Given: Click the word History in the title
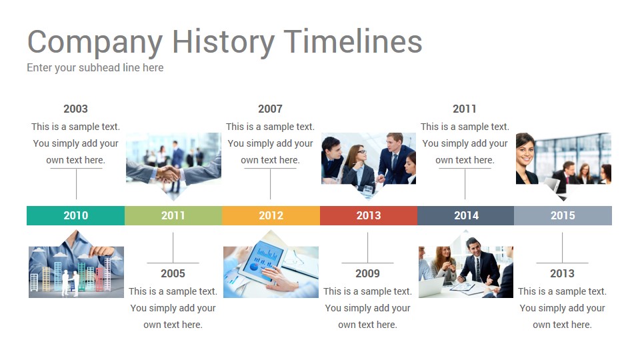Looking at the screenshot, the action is (x=223, y=42).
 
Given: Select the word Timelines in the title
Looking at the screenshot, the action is (x=353, y=41).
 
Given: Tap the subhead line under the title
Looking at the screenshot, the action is (x=95, y=68).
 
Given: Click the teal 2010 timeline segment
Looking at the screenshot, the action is (x=75, y=215).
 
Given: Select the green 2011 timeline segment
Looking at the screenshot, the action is (x=173, y=215).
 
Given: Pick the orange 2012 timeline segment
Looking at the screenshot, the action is (x=271, y=215).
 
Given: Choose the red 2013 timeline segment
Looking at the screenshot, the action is (x=369, y=215).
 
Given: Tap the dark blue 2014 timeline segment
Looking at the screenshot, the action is (x=466, y=215).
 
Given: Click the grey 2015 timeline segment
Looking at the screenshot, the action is (x=563, y=215).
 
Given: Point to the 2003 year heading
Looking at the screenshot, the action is (x=75, y=109).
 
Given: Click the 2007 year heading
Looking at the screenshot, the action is (x=270, y=109).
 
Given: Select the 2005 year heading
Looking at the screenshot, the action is (x=173, y=273).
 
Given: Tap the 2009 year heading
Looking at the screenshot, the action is (x=368, y=273).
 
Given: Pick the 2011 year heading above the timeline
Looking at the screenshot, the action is (x=465, y=109).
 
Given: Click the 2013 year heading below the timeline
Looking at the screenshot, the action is (x=563, y=273).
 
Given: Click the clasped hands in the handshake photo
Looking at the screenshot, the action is (x=168, y=174).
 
